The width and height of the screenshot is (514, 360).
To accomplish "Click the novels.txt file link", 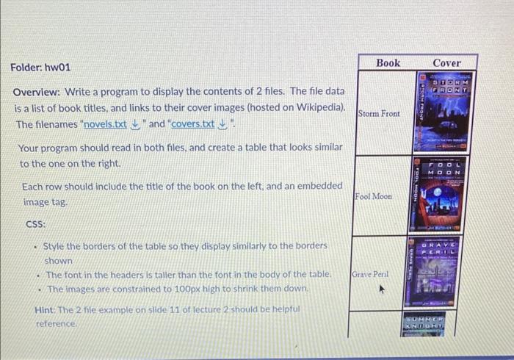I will [106, 124].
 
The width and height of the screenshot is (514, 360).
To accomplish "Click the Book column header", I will [388, 62].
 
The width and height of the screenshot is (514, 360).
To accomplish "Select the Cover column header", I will [446, 62].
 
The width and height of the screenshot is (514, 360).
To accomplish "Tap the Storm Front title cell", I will [379, 114].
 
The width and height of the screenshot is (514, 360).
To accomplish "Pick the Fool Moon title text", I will [373, 196].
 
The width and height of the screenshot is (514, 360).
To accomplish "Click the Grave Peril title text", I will [371, 274].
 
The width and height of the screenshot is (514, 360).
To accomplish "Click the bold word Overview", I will [37, 92].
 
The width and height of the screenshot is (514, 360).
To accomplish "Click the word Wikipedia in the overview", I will [316, 108].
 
